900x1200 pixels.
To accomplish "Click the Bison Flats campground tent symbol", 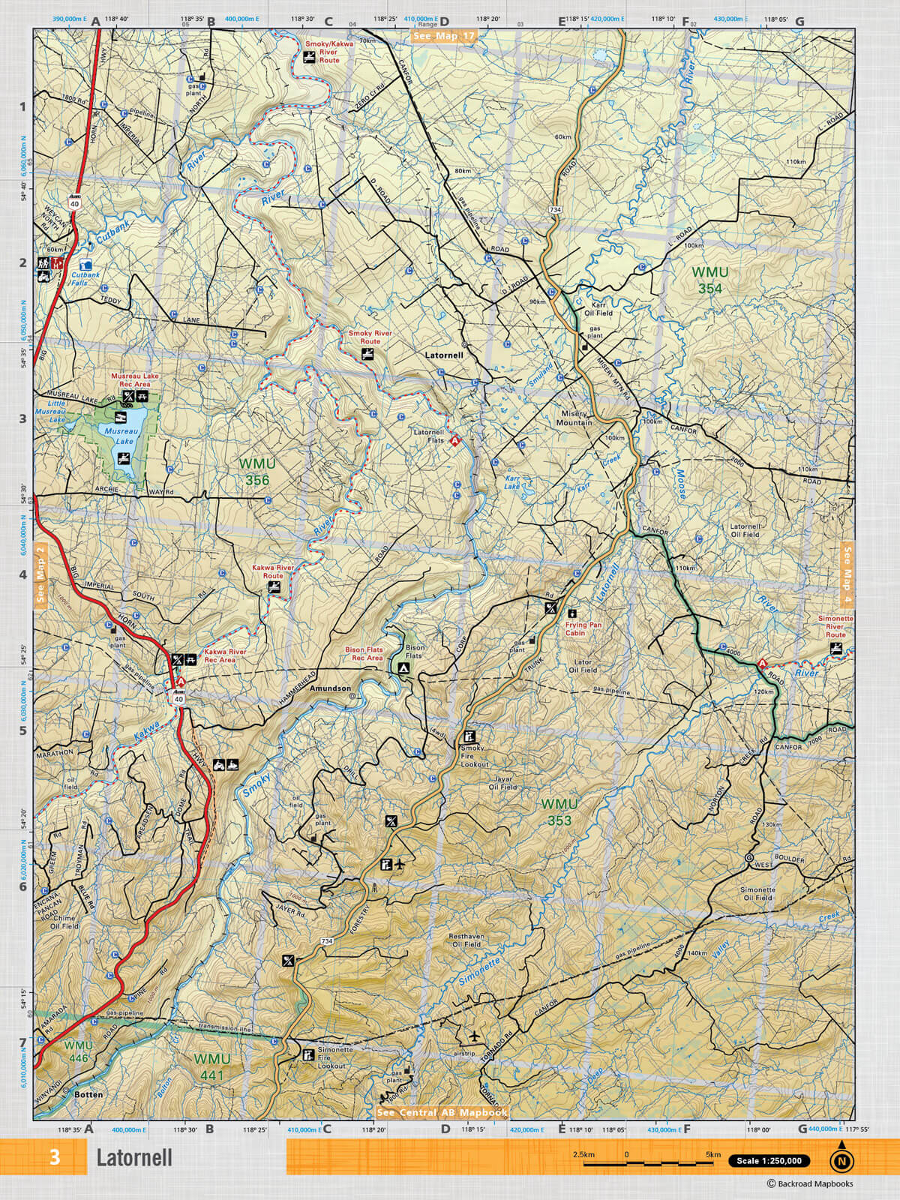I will coord(403,666).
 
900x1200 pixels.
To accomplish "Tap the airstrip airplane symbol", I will coord(474,1036).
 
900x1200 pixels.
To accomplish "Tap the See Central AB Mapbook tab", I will coord(442,1112).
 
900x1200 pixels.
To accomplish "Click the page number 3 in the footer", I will coord(55,1157).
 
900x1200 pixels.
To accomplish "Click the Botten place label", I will coord(88,1094).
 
